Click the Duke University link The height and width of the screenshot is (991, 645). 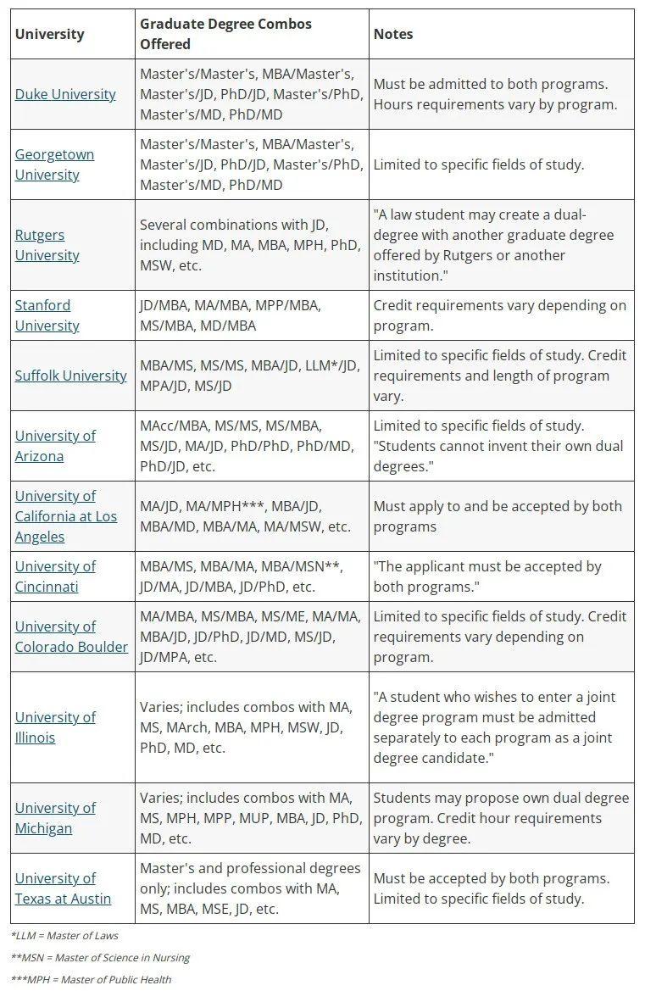(x=65, y=94)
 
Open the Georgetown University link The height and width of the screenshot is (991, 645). (x=54, y=164)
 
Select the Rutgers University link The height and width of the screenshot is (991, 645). (x=47, y=245)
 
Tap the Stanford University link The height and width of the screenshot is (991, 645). (x=47, y=315)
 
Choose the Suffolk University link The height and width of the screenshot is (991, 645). (x=70, y=376)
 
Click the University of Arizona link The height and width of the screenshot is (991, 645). (x=55, y=446)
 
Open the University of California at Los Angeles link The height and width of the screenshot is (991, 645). (x=65, y=516)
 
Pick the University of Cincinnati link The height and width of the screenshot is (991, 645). (x=55, y=576)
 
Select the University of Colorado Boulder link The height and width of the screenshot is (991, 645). (x=71, y=637)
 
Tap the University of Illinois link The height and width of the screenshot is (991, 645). (x=55, y=727)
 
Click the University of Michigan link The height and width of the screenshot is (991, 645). (x=55, y=818)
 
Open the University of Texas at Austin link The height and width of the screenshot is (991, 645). (x=63, y=888)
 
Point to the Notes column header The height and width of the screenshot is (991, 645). (x=393, y=34)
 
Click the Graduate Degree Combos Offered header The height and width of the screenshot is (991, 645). (x=225, y=34)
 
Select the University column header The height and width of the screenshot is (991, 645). (x=50, y=34)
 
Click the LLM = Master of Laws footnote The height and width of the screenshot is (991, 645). (x=64, y=936)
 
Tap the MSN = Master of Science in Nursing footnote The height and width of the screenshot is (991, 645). (x=100, y=958)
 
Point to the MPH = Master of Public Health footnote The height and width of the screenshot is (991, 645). (x=91, y=980)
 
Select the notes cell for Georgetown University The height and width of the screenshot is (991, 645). (x=479, y=164)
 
